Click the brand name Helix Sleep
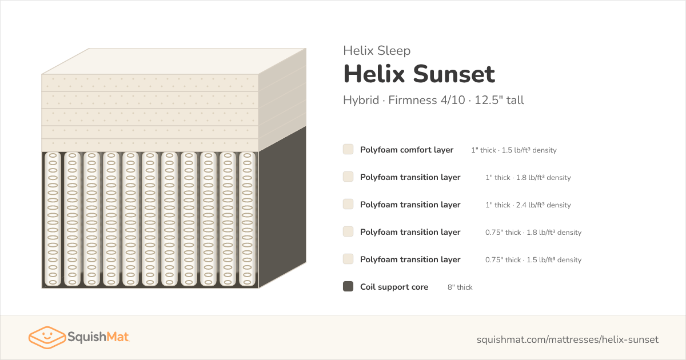tap(377, 50)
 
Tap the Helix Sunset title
tap(419, 74)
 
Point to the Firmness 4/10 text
tap(426, 100)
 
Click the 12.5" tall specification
tap(499, 100)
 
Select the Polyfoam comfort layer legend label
tap(406, 150)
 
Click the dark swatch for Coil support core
tap(348, 286)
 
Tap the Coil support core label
tap(394, 287)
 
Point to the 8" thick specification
tap(460, 287)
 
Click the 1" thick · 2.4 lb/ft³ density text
tap(528, 205)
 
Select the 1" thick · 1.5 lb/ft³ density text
tap(514, 150)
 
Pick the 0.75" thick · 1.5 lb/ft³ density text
tap(533, 259)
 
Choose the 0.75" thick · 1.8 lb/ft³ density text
tap(533, 233)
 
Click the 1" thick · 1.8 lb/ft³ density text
tap(528, 178)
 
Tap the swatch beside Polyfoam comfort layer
tap(348, 149)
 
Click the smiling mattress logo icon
tap(47, 337)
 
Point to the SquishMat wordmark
tap(98, 337)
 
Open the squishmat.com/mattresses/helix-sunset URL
tap(568, 339)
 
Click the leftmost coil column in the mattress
tap(53, 219)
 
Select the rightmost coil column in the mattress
tap(247, 219)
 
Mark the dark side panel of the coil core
tap(282, 207)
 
